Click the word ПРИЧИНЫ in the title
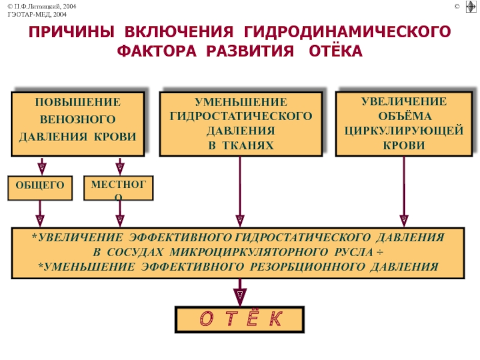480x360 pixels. [71, 32]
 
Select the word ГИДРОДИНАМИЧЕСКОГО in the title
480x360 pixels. [347, 32]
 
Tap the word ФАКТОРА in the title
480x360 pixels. [157, 51]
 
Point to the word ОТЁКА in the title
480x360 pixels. [335, 51]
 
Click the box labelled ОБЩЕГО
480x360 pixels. [40, 188]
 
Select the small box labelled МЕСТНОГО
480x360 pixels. [118, 188]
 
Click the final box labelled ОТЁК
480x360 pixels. [239, 320]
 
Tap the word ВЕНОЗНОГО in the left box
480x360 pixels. [78, 119]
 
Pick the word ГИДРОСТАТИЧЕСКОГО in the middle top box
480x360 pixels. [241, 116]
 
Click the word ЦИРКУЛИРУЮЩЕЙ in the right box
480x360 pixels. [404, 131]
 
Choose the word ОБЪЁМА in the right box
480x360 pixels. [404, 116]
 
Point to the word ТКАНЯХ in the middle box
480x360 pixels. [248, 145]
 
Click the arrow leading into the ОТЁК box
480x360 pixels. [240, 292]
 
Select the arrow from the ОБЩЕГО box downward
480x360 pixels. [40, 214]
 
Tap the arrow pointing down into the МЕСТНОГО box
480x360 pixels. [119, 167]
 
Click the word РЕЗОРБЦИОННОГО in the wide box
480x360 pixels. [307, 267]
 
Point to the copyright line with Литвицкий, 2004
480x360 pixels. [42, 7]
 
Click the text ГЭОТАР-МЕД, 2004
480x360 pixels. [37, 14]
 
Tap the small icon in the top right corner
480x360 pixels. [471, 7]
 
